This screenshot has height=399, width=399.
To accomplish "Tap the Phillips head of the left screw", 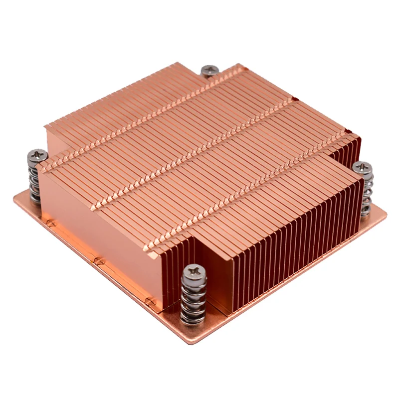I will [37, 156].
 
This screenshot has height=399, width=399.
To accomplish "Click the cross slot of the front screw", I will [194, 273].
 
